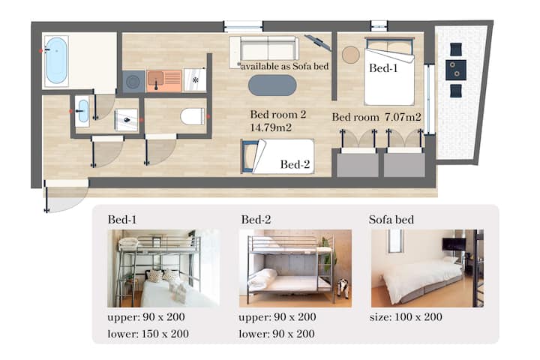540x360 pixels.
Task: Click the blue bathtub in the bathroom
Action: (56, 61)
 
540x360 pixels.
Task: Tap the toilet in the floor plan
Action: (193, 116)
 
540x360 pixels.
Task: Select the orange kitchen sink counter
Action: (164, 81)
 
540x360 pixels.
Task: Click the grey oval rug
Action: (272, 85)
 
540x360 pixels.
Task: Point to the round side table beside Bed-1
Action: (351, 55)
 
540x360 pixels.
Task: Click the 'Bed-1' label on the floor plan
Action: (383, 68)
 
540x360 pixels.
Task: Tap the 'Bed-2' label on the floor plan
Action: (295, 164)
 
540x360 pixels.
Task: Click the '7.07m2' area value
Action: (403, 117)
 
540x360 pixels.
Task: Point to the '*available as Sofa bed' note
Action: (283, 66)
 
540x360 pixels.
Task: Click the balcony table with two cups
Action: (456, 70)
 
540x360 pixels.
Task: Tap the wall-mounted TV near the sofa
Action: (318, 42)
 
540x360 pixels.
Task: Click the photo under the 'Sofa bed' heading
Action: (427, 268)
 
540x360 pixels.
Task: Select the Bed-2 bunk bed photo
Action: (295, 268)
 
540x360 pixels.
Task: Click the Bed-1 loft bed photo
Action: (163, 268)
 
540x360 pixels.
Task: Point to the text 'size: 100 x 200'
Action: (406, 317)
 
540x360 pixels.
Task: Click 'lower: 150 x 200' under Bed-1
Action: (148, 334)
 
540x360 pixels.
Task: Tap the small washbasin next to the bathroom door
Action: (82, 111)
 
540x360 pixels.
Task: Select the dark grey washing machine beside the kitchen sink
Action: (133, 81)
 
